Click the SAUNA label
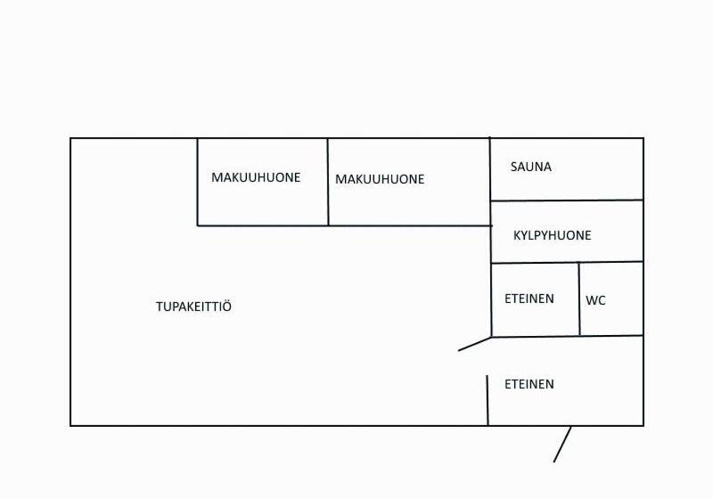(531, 167)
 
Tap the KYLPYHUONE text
(553, 236)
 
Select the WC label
(595, 301)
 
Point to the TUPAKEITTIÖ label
(193, 307)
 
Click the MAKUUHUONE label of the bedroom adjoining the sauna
(380, 179)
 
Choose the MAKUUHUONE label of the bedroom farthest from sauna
(256, 177)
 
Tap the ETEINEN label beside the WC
(529, 299)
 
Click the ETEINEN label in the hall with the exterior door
(529, 384)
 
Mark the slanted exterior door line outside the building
(562, 444)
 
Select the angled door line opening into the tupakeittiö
(475, 344)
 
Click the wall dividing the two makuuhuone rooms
(328, 182)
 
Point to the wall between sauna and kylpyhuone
(567, 200)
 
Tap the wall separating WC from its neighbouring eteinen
(579, 299)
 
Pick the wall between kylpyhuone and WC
(611, 262)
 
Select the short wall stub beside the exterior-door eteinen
(488, 400)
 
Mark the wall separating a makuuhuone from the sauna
(490, 169)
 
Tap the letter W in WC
(591, 301)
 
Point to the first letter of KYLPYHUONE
(518, 236)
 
